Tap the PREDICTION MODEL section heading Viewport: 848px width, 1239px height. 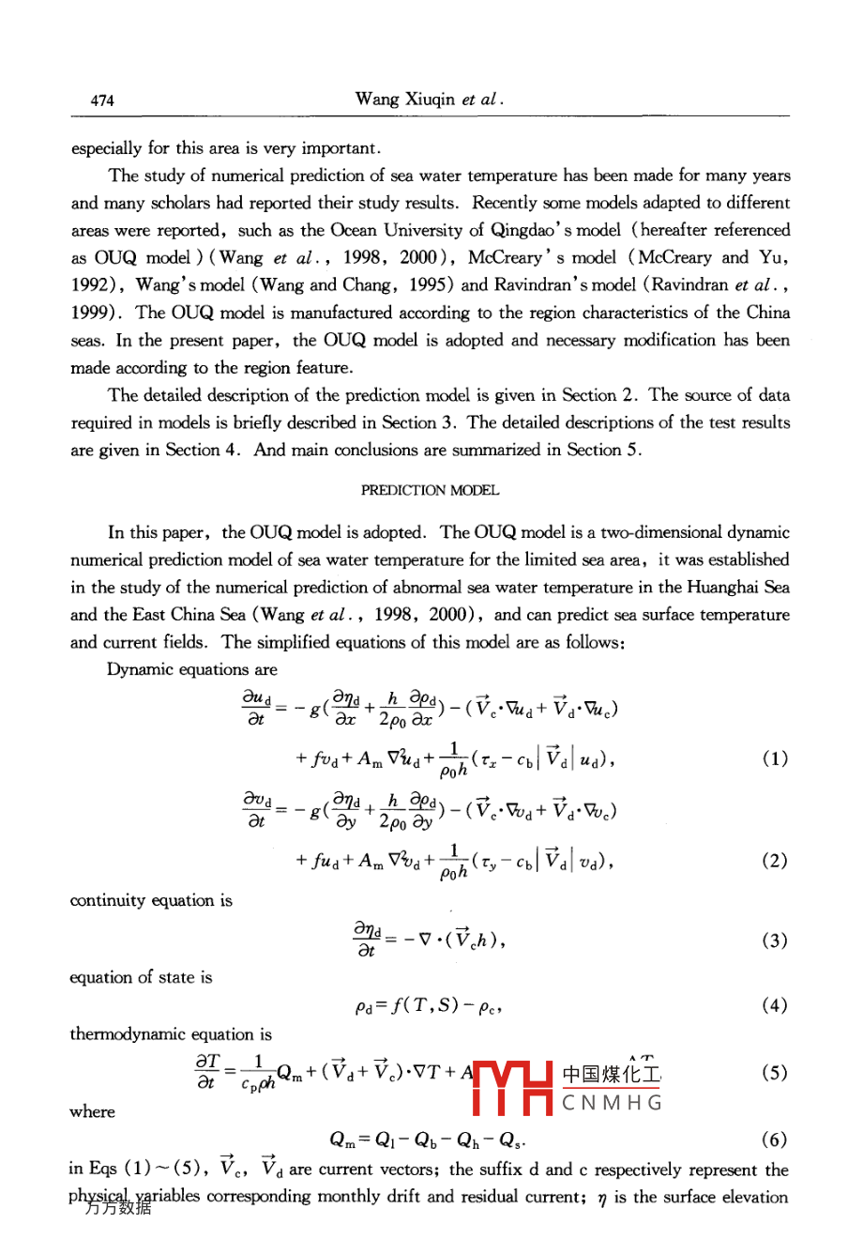[x=431, y=490]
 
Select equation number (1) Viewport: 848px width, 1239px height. [x=775, y=758]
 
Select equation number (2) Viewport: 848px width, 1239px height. [x=775, y=861]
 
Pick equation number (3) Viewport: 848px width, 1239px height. [x=775, y=941]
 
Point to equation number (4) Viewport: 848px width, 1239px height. [x=775, y=1005]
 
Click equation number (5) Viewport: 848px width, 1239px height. [x=775, y=1073]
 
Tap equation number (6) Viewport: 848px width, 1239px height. [x=775, y=1140]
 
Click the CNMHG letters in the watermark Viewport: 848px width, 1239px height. [x=612, y=1102]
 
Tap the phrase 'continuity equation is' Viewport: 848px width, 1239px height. [x=151, y=900]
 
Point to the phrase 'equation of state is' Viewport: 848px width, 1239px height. [x=141, y=977]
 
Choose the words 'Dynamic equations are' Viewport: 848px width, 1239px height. [x=192, y=669]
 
